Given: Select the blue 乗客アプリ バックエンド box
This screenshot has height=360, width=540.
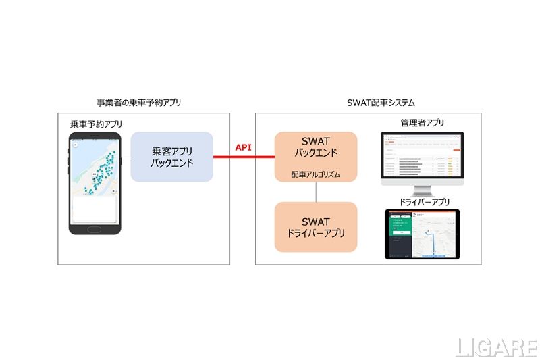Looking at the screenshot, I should [x=171, y=156].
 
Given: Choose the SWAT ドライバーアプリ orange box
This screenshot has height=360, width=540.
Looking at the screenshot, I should [x=316, y=227].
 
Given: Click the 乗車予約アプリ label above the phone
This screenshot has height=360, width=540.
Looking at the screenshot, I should [x=96, y=124].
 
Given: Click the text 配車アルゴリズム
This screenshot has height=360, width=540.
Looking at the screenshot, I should [x=316, y=174].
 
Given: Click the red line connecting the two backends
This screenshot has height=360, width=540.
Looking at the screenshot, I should [x=244, y=157].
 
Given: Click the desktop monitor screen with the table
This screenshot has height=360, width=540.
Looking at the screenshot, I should [x=423, y=157].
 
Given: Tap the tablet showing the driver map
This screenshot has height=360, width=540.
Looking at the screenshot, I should [x=422, y=234].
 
